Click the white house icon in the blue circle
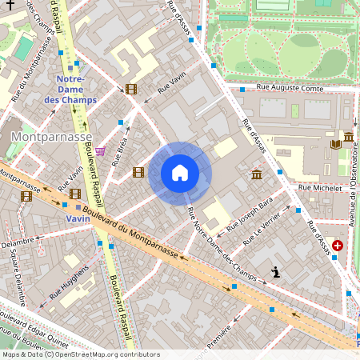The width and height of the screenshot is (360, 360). coord(180,173)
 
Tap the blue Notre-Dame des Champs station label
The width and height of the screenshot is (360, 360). coord(76,90)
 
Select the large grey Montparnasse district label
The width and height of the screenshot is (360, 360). coord(51,137)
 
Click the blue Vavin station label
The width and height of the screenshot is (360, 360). coord(78,218)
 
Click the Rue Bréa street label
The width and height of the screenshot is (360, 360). coord(121,150)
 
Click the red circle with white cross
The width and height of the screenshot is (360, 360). coord(338,246)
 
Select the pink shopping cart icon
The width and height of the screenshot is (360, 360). coord(99,150)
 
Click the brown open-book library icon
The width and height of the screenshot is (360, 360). coord(335,144)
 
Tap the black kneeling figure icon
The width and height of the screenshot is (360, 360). coord(275,273)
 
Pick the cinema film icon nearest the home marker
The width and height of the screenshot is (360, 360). coord(138,172)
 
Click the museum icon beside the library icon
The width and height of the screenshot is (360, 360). coord(349,137)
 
